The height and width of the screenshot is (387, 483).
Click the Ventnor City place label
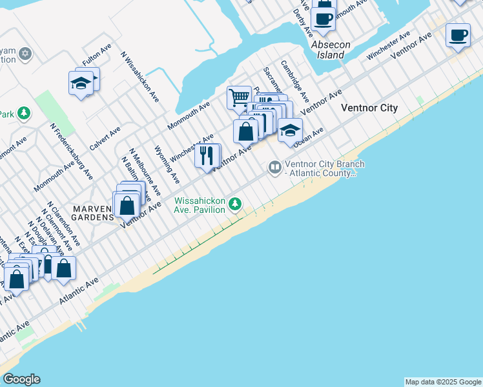369,108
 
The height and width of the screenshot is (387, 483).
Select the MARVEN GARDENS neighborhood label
92,213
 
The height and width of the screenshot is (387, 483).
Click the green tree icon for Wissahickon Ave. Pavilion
235,204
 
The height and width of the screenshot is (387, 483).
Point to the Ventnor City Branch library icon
275,168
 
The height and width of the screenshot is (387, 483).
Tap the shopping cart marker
238,98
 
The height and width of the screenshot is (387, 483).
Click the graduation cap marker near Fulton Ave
81,84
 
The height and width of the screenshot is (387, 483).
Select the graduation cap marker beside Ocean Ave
290,130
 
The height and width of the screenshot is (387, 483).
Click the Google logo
21,379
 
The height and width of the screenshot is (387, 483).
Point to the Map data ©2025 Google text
443,382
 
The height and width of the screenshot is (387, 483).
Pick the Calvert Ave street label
105,138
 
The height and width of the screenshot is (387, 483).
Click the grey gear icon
25,54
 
